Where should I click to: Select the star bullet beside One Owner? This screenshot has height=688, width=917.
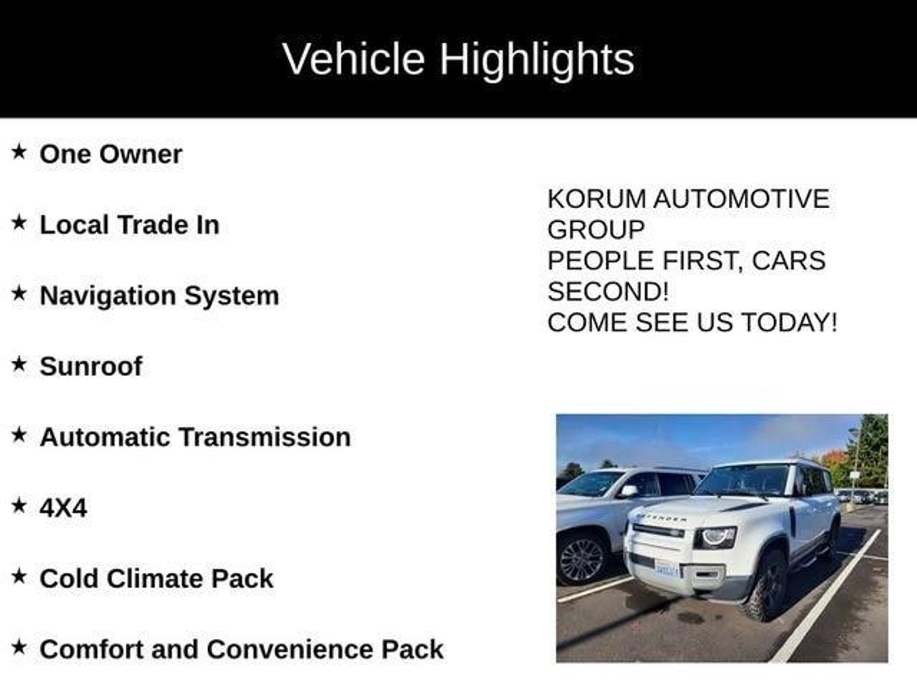click(x=19, y=152)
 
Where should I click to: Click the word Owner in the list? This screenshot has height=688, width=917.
click(x=141, y=155)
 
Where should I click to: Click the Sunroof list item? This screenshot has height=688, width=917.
click(x=91, y=366)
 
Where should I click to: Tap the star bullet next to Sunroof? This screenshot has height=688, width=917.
click(x=19, y=364)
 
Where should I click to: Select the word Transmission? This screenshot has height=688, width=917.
click(x=265, y=437)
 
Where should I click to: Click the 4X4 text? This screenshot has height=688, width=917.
click(x=63, y=508)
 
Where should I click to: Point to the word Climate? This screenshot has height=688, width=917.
click(x=159, y=579)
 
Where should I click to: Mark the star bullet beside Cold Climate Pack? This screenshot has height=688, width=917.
click(x=19, y=576)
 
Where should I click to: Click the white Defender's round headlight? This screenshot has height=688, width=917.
click(x=715, y=537)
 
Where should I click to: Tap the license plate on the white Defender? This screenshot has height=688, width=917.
click(x=667, y=570)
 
